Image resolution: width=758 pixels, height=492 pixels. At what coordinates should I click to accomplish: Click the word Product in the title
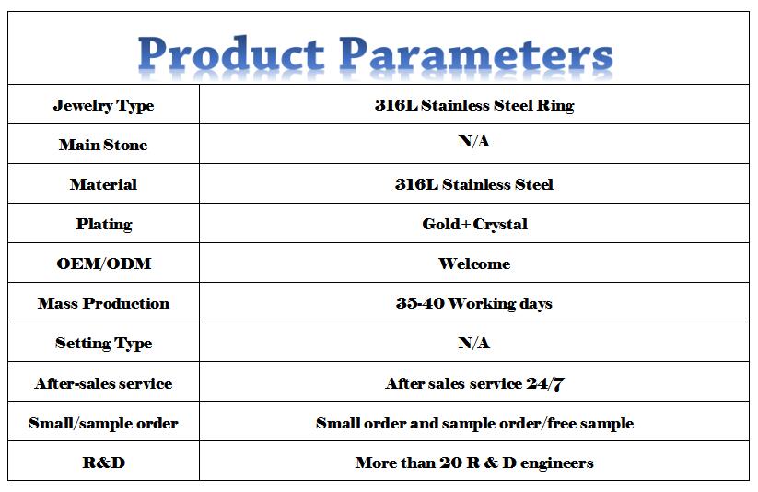(231, 53)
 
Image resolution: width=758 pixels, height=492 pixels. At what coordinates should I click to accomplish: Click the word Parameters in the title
(475, 53)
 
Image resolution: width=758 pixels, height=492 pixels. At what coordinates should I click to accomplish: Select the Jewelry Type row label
(103, 105)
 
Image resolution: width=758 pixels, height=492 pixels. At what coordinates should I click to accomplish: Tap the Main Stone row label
(103, 145)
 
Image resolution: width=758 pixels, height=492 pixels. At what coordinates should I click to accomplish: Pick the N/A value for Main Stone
(473, 141)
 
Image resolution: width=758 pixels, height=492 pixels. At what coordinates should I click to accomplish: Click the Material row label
(103, 184)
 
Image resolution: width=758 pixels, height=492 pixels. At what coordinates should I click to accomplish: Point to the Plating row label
(104, 225)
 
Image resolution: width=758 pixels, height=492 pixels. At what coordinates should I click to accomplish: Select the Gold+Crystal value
(474, 225)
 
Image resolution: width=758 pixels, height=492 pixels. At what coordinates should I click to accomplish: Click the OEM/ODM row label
(104, 264)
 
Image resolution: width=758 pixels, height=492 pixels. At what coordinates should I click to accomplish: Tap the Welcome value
(474, 264)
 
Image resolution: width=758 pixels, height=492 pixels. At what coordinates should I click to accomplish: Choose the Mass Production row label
(103, 303)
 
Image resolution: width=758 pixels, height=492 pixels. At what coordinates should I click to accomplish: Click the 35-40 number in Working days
(420, 303)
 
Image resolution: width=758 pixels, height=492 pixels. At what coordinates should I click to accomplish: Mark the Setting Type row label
(103, 344)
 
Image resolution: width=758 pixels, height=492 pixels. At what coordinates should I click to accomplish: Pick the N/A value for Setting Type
(473, 343)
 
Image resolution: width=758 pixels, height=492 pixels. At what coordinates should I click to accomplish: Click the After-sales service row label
(103, 383)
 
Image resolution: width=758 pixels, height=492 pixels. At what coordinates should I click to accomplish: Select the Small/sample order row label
(103, 423)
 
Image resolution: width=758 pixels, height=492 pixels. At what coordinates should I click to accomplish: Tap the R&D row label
(104, 463)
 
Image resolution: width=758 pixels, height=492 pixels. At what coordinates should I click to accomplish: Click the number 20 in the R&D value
(450, 463)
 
